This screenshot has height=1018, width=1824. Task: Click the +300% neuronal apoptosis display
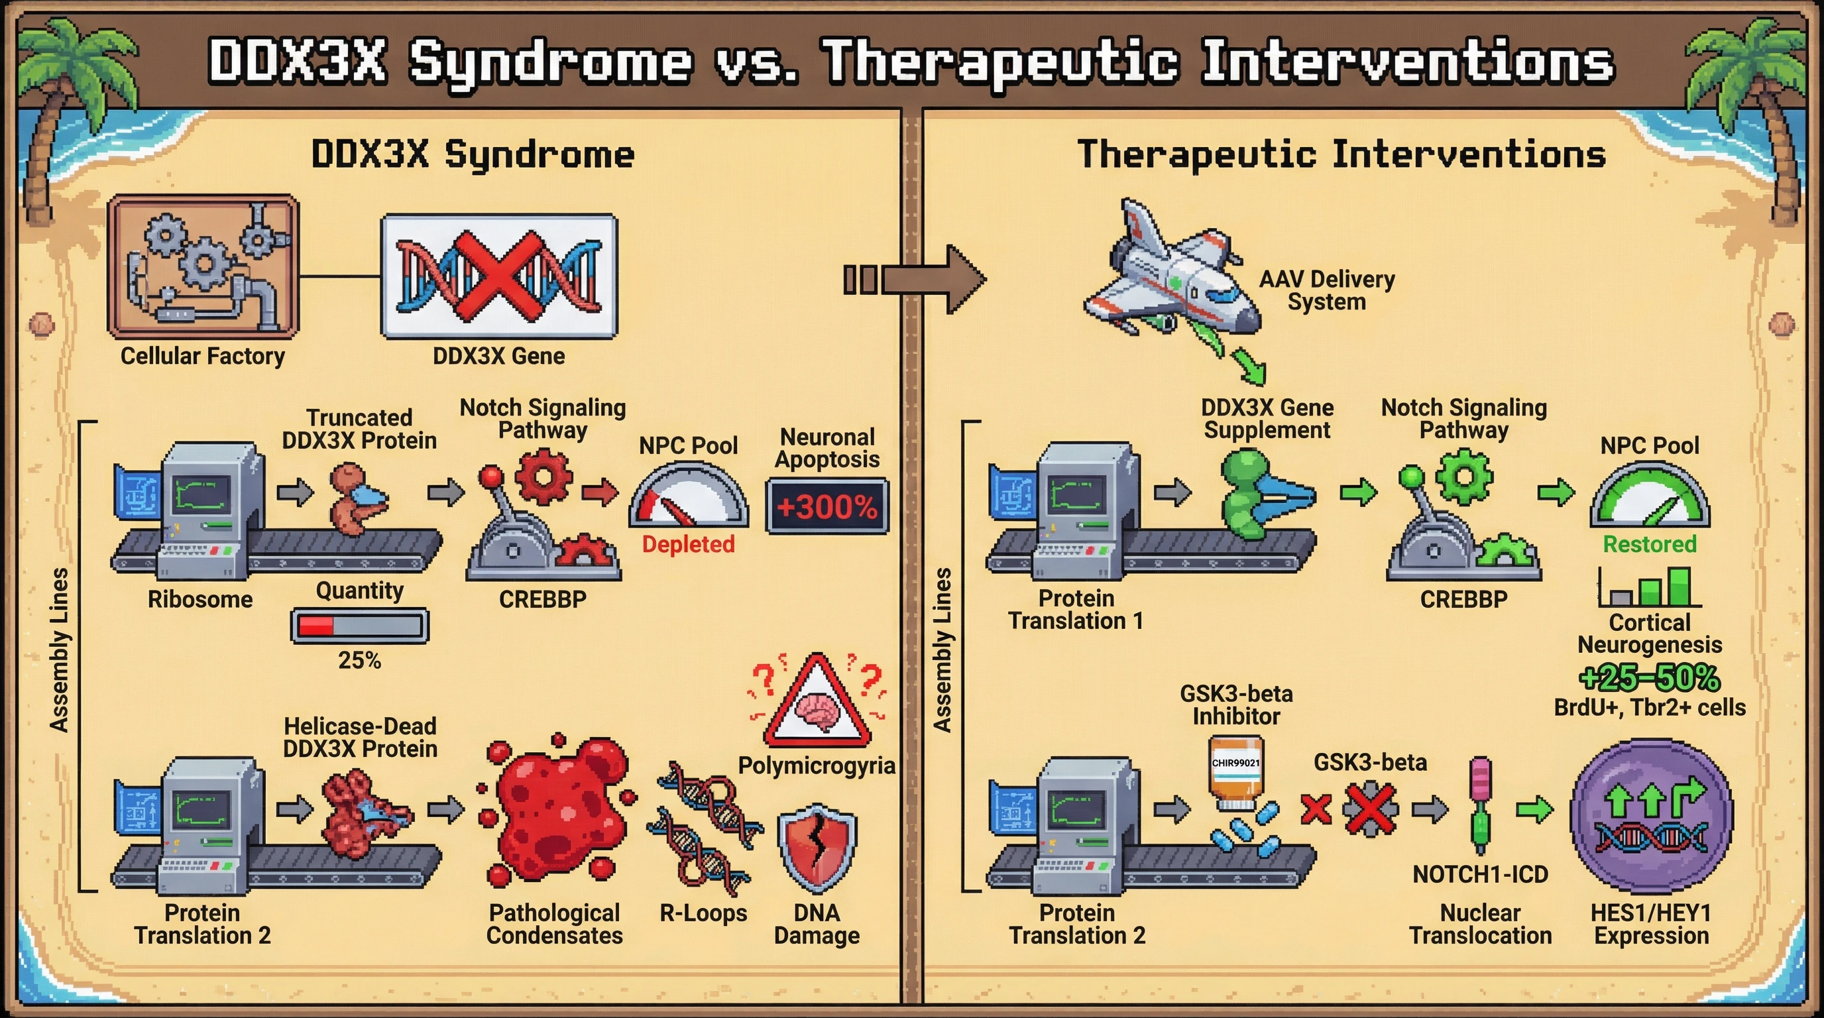click(827, 507)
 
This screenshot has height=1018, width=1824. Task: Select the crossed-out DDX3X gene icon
click(498, 277)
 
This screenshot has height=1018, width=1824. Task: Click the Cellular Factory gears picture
click(203, 266)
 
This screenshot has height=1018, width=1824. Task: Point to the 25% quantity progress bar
click(360, 626)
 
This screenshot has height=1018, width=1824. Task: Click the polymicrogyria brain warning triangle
click(817, 704)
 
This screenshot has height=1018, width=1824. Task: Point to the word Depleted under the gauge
click(688, 544)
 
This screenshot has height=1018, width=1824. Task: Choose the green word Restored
click(1650, 544)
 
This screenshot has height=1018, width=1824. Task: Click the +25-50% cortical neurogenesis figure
click(1650, 678)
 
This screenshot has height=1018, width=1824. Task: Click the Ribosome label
click(200, 600)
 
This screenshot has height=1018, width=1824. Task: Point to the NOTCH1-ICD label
click(1480, 875)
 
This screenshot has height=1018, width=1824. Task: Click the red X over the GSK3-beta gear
click(1371, 809)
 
